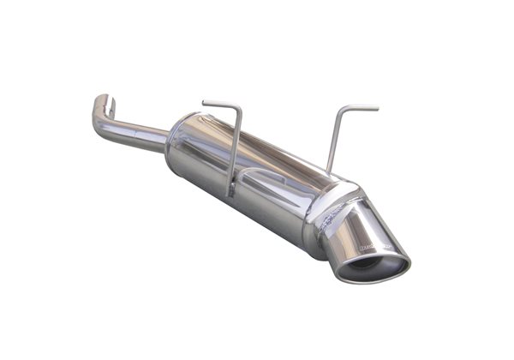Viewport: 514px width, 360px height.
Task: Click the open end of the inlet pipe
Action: [104, 98]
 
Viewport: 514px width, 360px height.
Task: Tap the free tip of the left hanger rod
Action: [204, 104]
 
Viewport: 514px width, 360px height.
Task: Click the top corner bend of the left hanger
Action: [239, 110]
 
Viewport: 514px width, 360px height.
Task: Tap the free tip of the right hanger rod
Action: [377, 108]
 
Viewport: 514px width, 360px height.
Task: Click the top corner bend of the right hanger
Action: [344, 109]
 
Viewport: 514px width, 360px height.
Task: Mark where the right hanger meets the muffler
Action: [328, 171]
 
